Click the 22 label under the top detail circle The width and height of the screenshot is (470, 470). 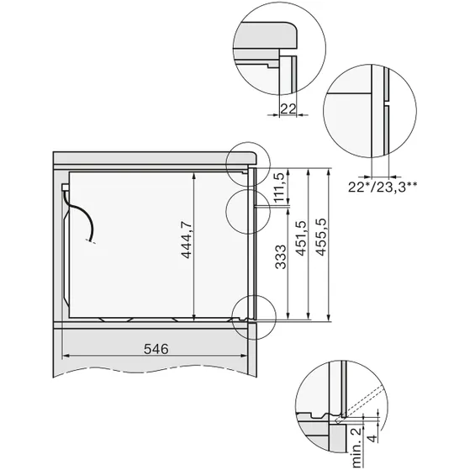287,108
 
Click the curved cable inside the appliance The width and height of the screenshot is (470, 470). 84,220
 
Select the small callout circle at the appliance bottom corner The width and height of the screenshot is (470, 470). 254,315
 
